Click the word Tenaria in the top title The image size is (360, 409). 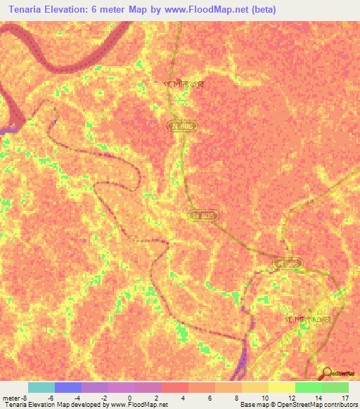[x=28, y=10]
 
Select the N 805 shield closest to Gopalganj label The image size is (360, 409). [x=287, y=264]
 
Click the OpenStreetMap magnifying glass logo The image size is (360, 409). [x=328, y=373]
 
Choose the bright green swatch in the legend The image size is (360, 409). [x=308, y=387]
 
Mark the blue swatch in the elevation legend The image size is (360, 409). [x=68, y=387]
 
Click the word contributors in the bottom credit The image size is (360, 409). [x=337, y=405]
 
